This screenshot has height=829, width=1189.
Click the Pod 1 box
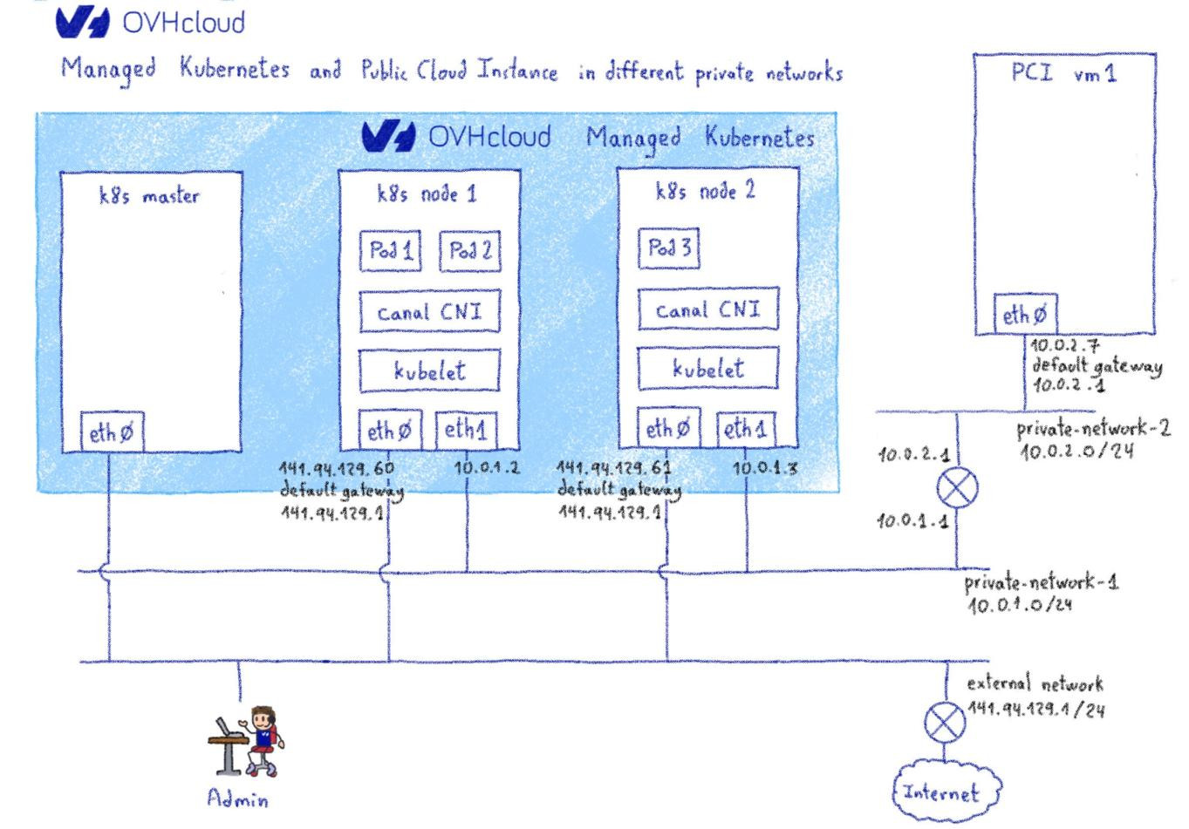pos(390,252)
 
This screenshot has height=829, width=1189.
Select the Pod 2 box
pos(469,252)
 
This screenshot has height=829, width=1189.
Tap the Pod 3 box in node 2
pos(669,248)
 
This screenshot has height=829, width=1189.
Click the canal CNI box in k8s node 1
pos(430,312)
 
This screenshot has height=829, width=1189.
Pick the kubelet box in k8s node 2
pos(707,369)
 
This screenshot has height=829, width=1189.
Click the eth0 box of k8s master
pos(113,433)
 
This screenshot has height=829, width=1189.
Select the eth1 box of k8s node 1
pos(466,430)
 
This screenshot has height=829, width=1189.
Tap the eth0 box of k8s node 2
pos(668,428)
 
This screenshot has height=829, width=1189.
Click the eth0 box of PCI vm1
pos(1024,315)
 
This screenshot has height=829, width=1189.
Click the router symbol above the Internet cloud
pos(945,722)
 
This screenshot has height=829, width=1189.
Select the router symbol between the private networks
pos(957,488)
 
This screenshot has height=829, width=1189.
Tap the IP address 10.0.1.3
pos(764,468)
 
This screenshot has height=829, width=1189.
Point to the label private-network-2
pos(1092,430)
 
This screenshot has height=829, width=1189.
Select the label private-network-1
pos(1040,583)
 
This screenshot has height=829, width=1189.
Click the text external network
pos(1035,683)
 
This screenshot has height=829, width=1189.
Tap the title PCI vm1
pos(1063,74)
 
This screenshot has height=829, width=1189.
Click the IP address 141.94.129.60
pos(336,468)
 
